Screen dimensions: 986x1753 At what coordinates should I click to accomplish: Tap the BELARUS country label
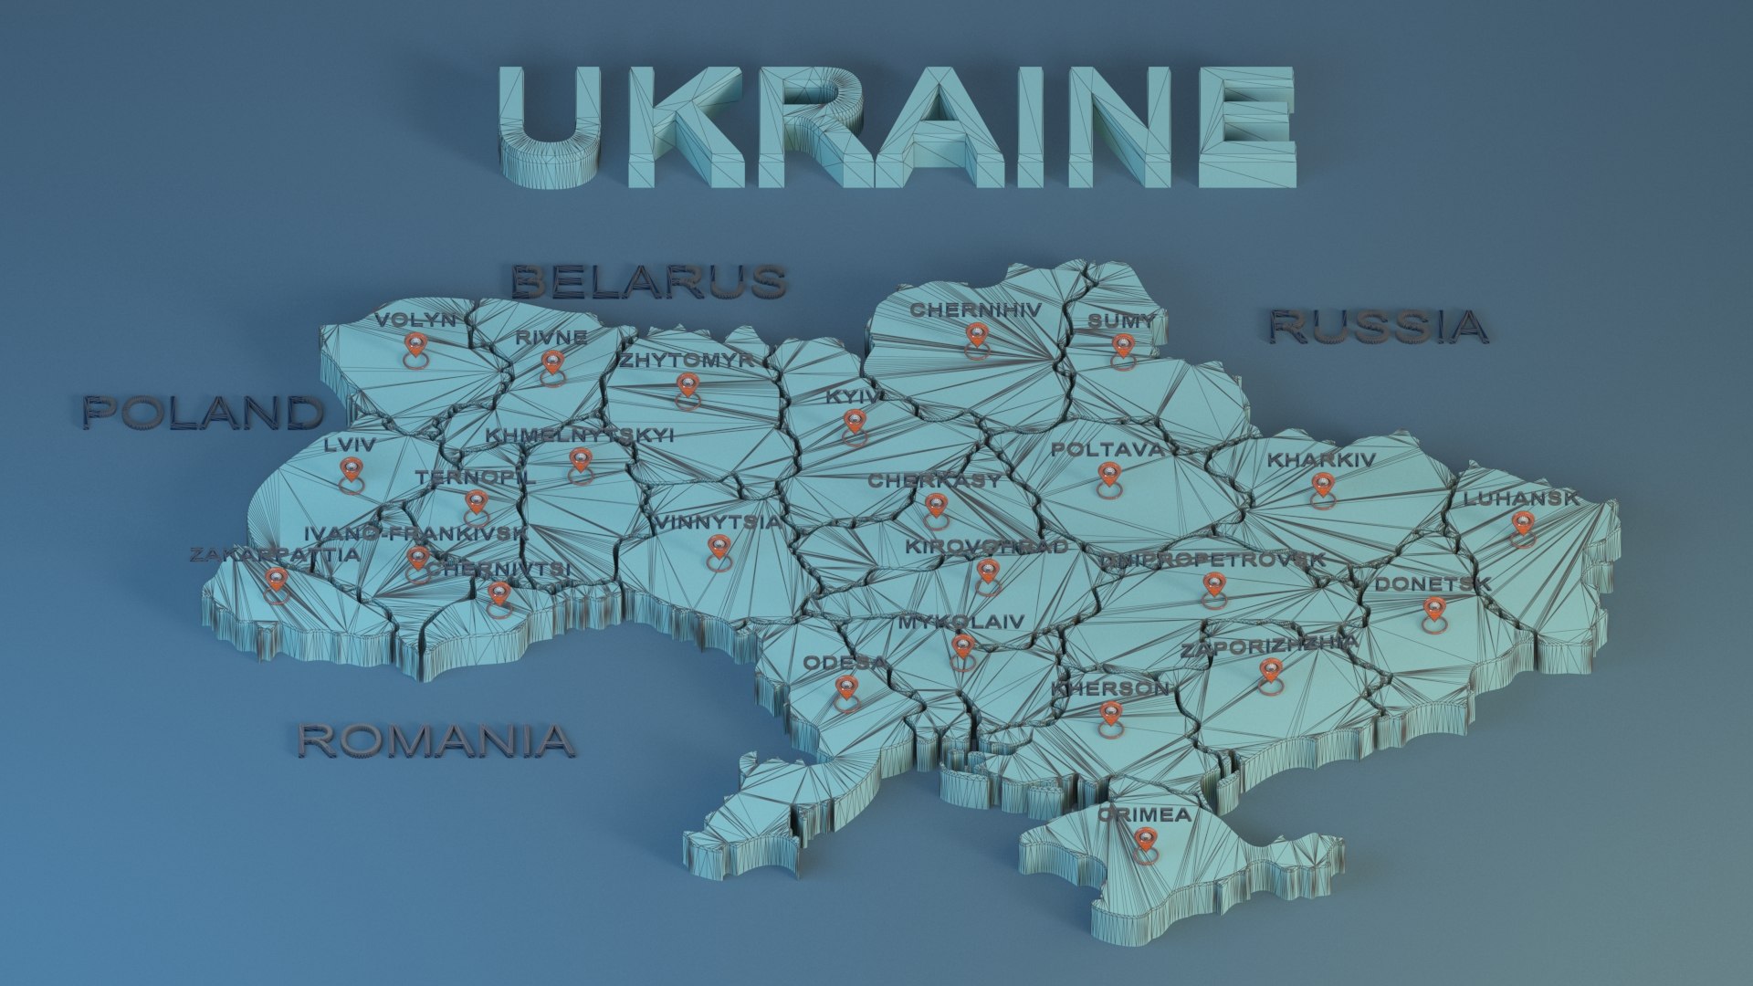point(648,282)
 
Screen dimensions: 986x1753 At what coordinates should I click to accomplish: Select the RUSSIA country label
point(1378,327)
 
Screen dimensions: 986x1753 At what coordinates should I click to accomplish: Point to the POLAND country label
point(204,413)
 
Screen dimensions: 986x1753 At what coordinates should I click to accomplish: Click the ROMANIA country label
point(436,740)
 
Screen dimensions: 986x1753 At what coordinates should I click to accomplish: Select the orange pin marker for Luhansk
point(1521,524)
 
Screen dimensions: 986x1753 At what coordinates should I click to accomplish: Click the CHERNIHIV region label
point(975,310)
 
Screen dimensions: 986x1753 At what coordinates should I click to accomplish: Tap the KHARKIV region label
point(1320,460)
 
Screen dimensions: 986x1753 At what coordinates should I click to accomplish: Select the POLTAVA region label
point(1107,449)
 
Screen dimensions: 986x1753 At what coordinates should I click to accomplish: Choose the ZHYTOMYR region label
point(688,361)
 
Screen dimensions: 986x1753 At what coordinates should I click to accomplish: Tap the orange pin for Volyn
point(415,345)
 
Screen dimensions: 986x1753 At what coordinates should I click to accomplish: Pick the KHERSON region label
point(1110,688)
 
